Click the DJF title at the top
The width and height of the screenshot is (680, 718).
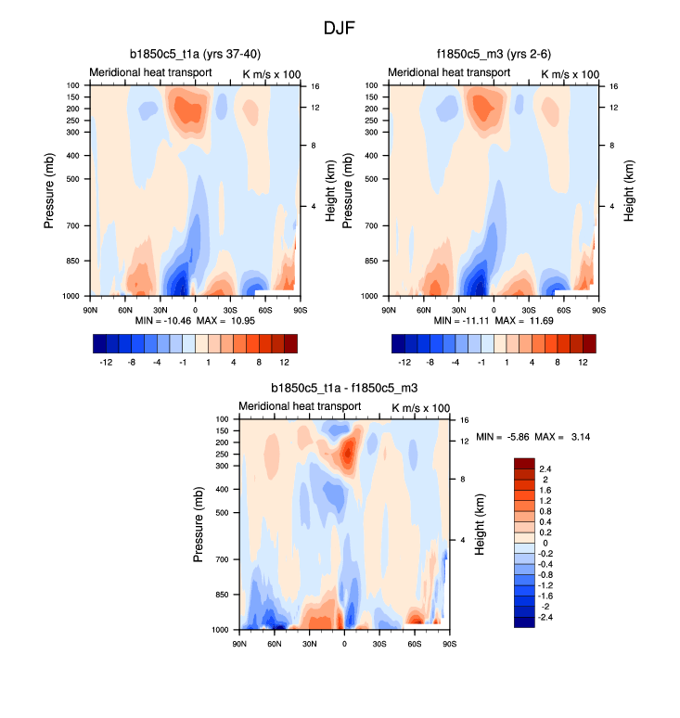tap(340, 28)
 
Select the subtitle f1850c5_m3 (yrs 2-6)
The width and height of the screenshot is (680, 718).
tap(493, 55)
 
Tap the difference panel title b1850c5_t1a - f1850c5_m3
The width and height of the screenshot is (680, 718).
tap(344, 389)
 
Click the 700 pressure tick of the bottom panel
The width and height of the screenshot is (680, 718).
tap(223, 559)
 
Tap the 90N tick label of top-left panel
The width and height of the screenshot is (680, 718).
tap(91, 309)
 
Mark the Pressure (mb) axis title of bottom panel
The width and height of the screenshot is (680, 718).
tap(199, 524)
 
